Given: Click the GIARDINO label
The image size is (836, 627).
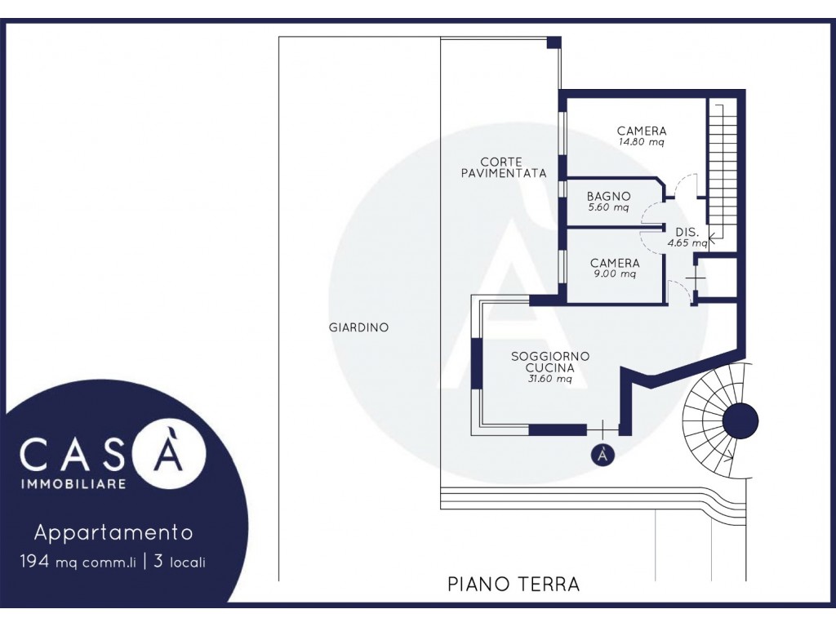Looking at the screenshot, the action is coord(358,327).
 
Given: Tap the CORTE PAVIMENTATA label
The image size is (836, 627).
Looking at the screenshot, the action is coord(504,167).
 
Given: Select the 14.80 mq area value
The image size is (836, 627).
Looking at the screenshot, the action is coord(641,143).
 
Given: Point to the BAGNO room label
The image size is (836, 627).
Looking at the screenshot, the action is coord(608,197).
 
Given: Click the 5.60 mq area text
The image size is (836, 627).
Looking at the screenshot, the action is coord(608,208).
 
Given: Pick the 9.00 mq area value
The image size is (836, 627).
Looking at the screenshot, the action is coord(615,274).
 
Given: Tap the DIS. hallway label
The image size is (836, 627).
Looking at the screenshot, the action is coord(687,233).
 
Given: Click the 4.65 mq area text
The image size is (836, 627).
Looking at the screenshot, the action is coord(687,243).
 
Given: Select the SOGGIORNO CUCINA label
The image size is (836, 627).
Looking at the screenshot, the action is coord(550,362).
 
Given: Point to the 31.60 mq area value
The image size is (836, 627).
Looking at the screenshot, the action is coord(550,380).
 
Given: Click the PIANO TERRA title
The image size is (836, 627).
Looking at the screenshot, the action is coord(514,585).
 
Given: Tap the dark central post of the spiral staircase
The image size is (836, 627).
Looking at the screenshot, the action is coord(740,420).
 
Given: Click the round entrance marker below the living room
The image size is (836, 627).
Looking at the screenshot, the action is coord(603,455).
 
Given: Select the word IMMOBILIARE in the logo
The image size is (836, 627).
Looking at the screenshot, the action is coord(73,484).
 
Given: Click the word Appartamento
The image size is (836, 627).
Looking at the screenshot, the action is coord(113,532).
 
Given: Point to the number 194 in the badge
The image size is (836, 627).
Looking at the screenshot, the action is coord(35,562).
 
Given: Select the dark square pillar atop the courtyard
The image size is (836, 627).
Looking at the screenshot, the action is coord(554,42).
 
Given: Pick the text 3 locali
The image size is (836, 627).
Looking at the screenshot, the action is coord(179,562).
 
